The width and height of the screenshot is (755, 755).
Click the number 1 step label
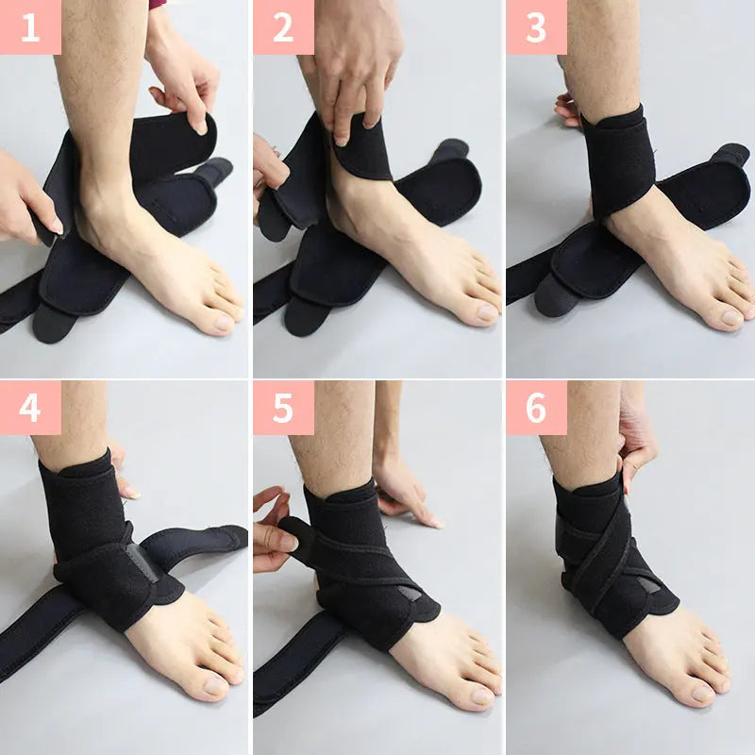[x=30, y=27]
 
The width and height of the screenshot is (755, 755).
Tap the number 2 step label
[x=283, y=27]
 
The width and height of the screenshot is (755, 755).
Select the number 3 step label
[x=536, y=27]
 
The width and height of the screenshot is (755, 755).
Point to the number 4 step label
[x=30, y=407]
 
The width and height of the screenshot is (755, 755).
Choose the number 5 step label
[x=283, y=407]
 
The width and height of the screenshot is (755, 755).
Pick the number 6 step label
[x=536, y=407]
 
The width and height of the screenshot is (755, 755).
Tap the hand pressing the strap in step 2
[x=354, y=66]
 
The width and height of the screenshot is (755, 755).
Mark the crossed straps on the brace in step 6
[x=604, y=557]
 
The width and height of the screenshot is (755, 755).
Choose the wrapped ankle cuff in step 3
[x=618, y=160]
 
